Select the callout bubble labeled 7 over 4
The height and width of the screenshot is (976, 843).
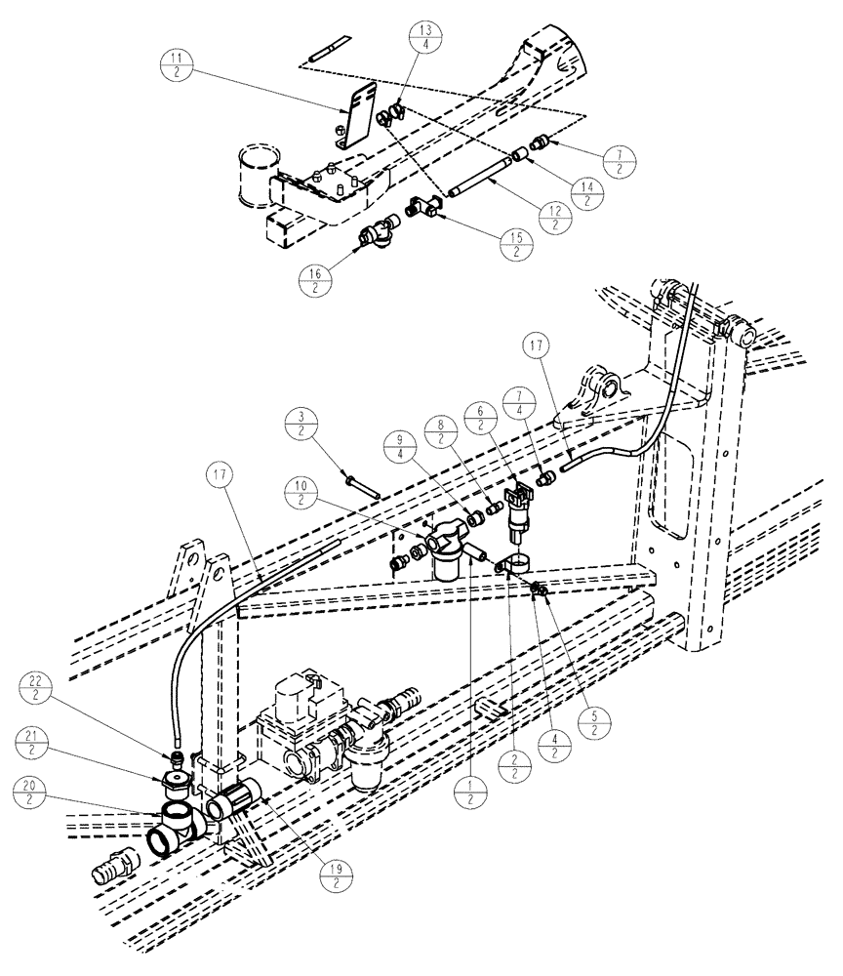click(517, 406)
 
